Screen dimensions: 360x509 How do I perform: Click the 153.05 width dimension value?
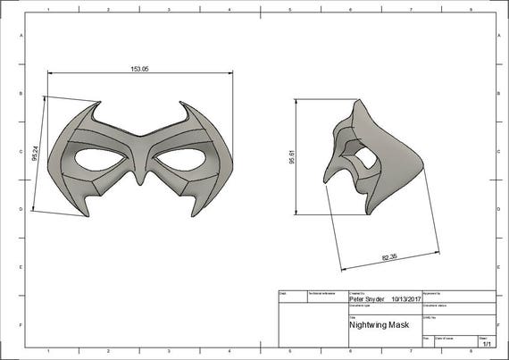click(x=139, y=69)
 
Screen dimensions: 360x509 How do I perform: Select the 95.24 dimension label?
click(x=34, y=154)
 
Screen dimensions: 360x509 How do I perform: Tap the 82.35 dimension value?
click(x=389, y=258)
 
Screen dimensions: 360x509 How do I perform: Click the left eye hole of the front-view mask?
click(x=100, y=158)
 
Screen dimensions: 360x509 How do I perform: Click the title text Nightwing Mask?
click(x=379, y=325)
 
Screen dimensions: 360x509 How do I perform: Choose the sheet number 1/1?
click(x=488, y=343)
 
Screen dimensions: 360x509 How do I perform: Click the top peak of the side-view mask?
click(x=357, y=101)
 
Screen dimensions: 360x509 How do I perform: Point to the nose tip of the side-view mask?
click(x=326, y=181)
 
